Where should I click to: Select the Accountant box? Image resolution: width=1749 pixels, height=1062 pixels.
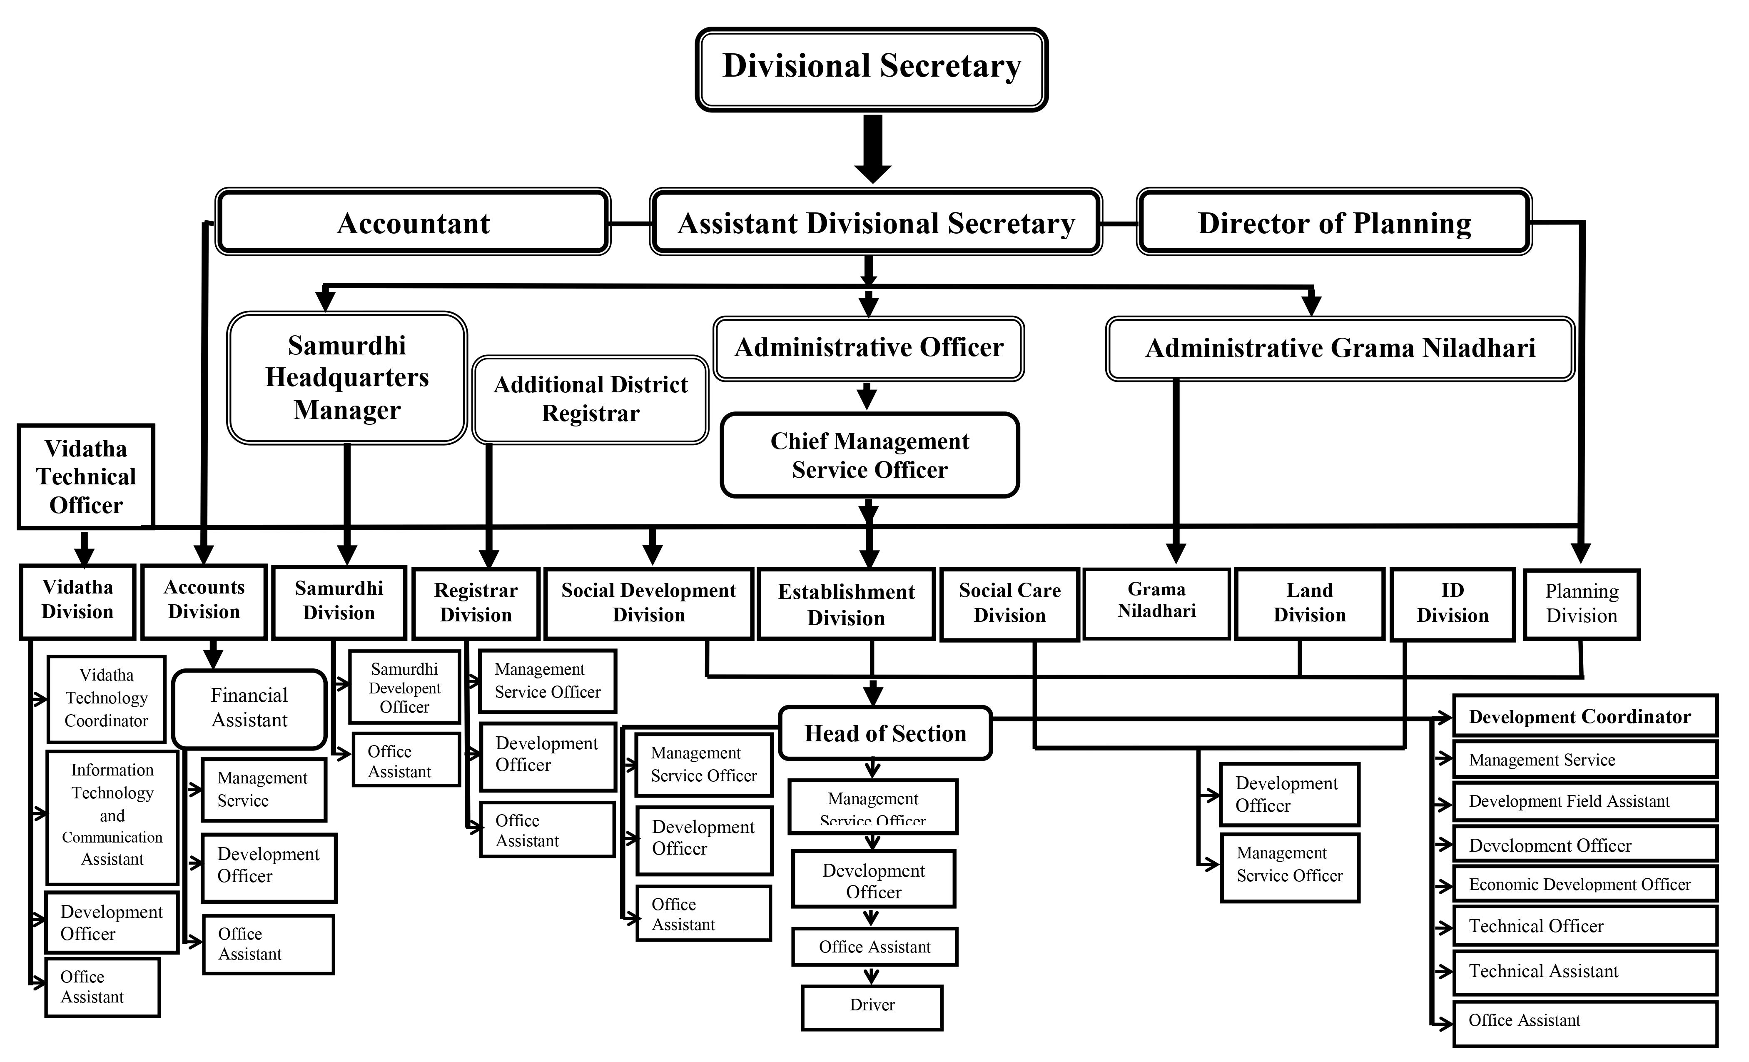click(413, 222)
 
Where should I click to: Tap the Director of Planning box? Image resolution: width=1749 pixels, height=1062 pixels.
click(1335, 222)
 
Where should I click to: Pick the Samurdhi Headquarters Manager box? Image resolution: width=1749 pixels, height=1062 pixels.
click(347, 378)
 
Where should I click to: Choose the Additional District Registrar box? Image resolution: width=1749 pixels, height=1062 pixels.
click(590, 400)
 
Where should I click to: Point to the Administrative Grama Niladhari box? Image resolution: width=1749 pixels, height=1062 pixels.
click(1340, 348)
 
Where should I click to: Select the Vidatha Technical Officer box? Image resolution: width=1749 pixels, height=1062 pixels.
click(86, 477)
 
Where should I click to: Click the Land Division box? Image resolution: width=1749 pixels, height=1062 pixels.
click(1310, 603)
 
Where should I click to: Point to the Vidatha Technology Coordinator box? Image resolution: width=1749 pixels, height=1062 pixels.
click(107, 698)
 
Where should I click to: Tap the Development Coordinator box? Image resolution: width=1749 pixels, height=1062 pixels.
click(1585, 716)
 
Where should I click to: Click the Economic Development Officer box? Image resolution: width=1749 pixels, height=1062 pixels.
click(1585, 884)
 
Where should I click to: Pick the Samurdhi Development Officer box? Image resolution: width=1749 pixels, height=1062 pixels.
click(405, 687)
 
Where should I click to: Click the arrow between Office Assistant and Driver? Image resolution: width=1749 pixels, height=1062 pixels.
click(872, 975)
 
